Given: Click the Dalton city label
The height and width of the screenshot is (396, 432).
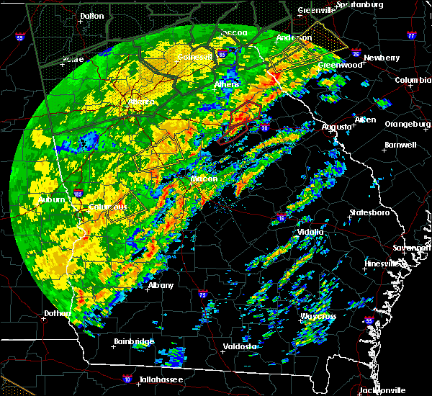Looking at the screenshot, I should click(91, 15).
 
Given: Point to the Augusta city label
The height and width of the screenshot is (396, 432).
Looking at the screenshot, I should click(336, 127).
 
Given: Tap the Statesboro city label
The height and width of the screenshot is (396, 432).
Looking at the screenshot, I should click(369, 213).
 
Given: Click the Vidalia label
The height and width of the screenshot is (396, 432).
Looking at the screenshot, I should click(312, 232).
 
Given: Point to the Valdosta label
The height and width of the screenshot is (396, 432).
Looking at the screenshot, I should click(240, 346).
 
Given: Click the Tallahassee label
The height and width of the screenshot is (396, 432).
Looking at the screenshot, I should click(161, 379).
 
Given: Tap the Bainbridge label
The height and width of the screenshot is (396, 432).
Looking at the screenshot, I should click(133, 341).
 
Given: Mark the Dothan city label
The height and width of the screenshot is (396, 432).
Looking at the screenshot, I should click(55, 314).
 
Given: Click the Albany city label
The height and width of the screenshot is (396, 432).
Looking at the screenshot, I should click(161, 285).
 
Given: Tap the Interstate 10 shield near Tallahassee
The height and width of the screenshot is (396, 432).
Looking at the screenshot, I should click(127, 378).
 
